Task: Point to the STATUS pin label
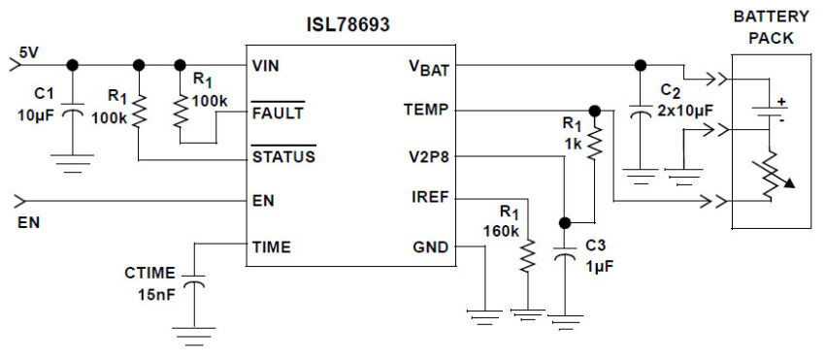pyautogui.click(x=282, y=155)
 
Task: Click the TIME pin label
pyautogui.click(x=270, y=246)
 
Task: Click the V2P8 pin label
pyautogui.click(x=427, y=155)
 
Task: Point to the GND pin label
pyautogui.click(x=430, y=246)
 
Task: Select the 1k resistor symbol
pyautogui.click(x=595, y=142)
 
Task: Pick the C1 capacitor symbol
pyautogui.click(x=72, y=114)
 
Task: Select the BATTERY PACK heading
pyautogui.click(x=771, y=26)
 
